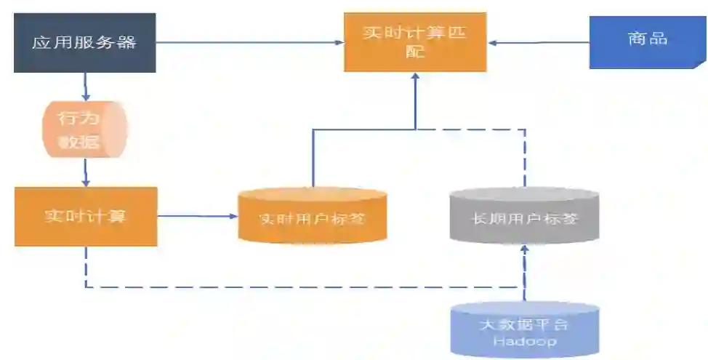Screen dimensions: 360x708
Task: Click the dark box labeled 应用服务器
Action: tap(84, 43)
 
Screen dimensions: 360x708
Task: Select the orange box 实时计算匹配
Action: tap(414, 43)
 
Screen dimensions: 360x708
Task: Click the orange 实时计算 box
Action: tap(85, 216)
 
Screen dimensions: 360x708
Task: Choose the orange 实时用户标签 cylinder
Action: tap(312, 216)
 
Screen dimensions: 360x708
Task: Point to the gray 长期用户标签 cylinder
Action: tap(524, 216)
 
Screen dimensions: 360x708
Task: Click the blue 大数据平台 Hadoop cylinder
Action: tap(524, 329)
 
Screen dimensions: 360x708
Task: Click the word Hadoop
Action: tap(524, 341)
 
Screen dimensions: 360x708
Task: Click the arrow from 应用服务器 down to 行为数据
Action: tap(86, 87)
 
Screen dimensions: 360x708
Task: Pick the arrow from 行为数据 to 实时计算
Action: tap(86, 172)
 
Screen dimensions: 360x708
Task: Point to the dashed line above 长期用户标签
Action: tap(524, 156)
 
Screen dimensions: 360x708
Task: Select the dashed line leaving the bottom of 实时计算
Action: tap(86, 266)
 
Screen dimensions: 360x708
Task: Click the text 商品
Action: tap(648, 39)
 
